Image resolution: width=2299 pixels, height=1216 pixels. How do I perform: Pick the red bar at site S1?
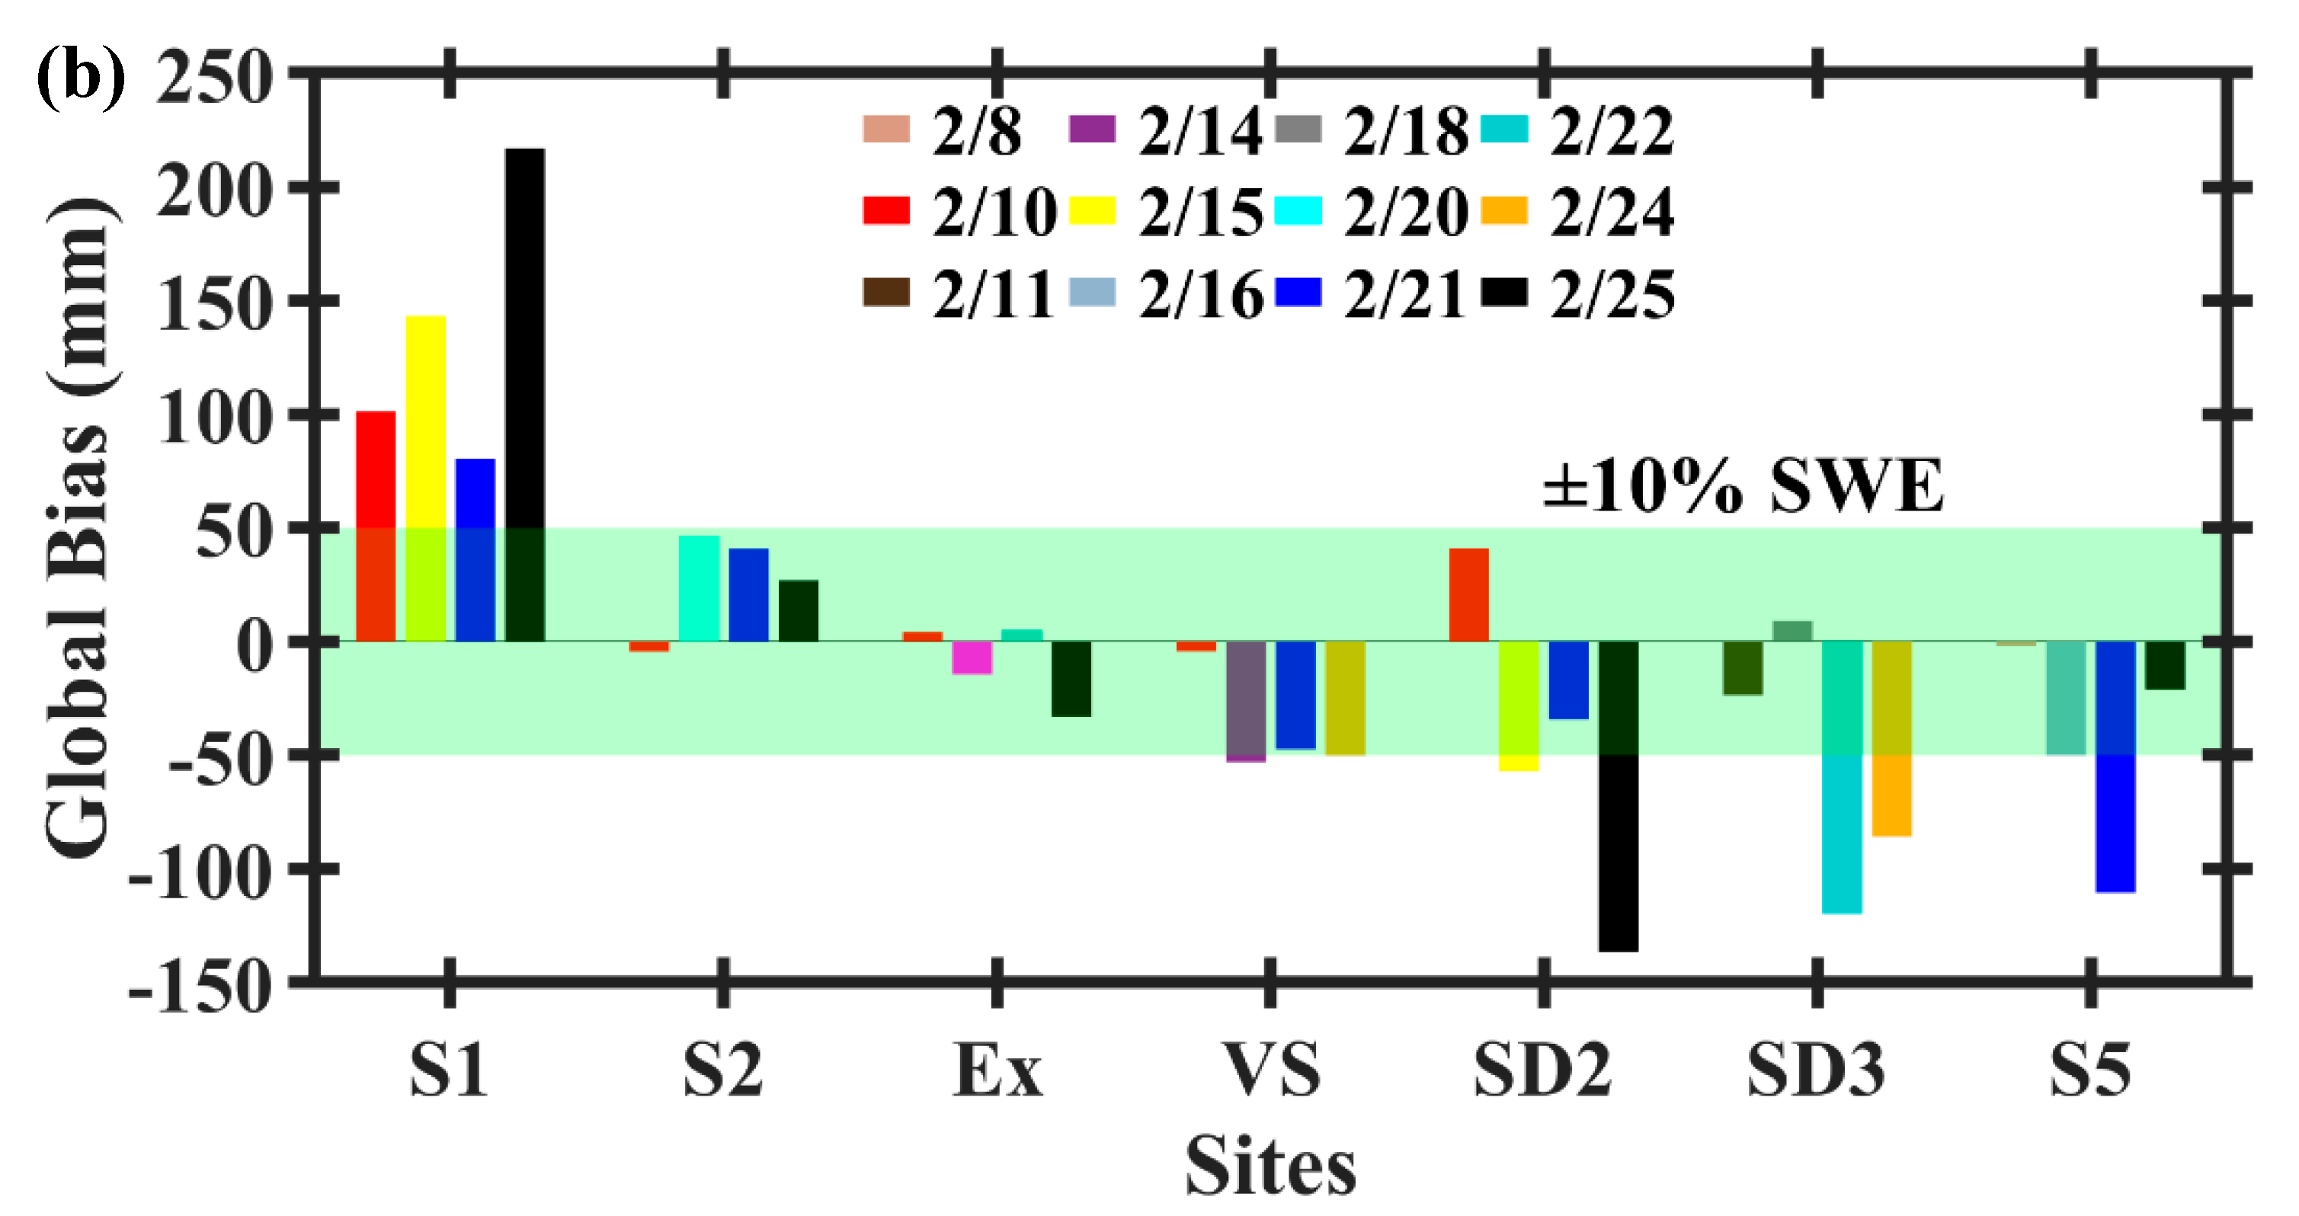coord(376,526)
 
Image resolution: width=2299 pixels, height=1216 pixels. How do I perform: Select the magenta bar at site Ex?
coord(972,657)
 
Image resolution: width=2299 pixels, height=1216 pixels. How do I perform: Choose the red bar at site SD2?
coord(1469,594)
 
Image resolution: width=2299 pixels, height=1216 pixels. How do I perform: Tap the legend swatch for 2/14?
coord(1093,130)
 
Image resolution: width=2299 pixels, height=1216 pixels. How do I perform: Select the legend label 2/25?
coord(1612,294)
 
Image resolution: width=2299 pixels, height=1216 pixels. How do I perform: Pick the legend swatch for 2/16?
coord(1093,293)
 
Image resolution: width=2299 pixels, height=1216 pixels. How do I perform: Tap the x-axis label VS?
coord(1271,1070)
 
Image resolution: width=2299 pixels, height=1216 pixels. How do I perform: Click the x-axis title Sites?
coord(1271,1165)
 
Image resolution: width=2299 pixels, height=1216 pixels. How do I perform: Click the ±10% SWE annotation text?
coord(1742,486)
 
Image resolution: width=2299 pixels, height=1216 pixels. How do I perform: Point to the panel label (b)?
coord(80,78)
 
